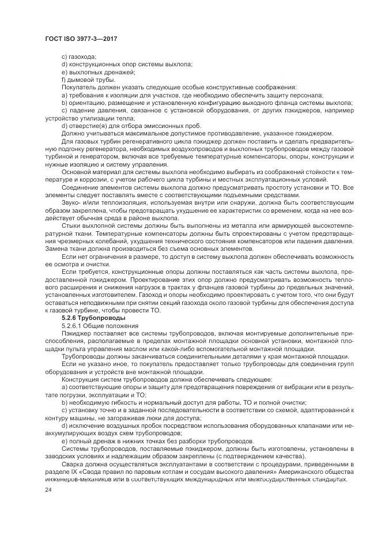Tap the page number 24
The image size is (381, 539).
(x=48, y=489)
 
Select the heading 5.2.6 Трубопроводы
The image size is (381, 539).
(x=89, y=318)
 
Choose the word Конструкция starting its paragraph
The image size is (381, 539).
(x=81, y=378)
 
